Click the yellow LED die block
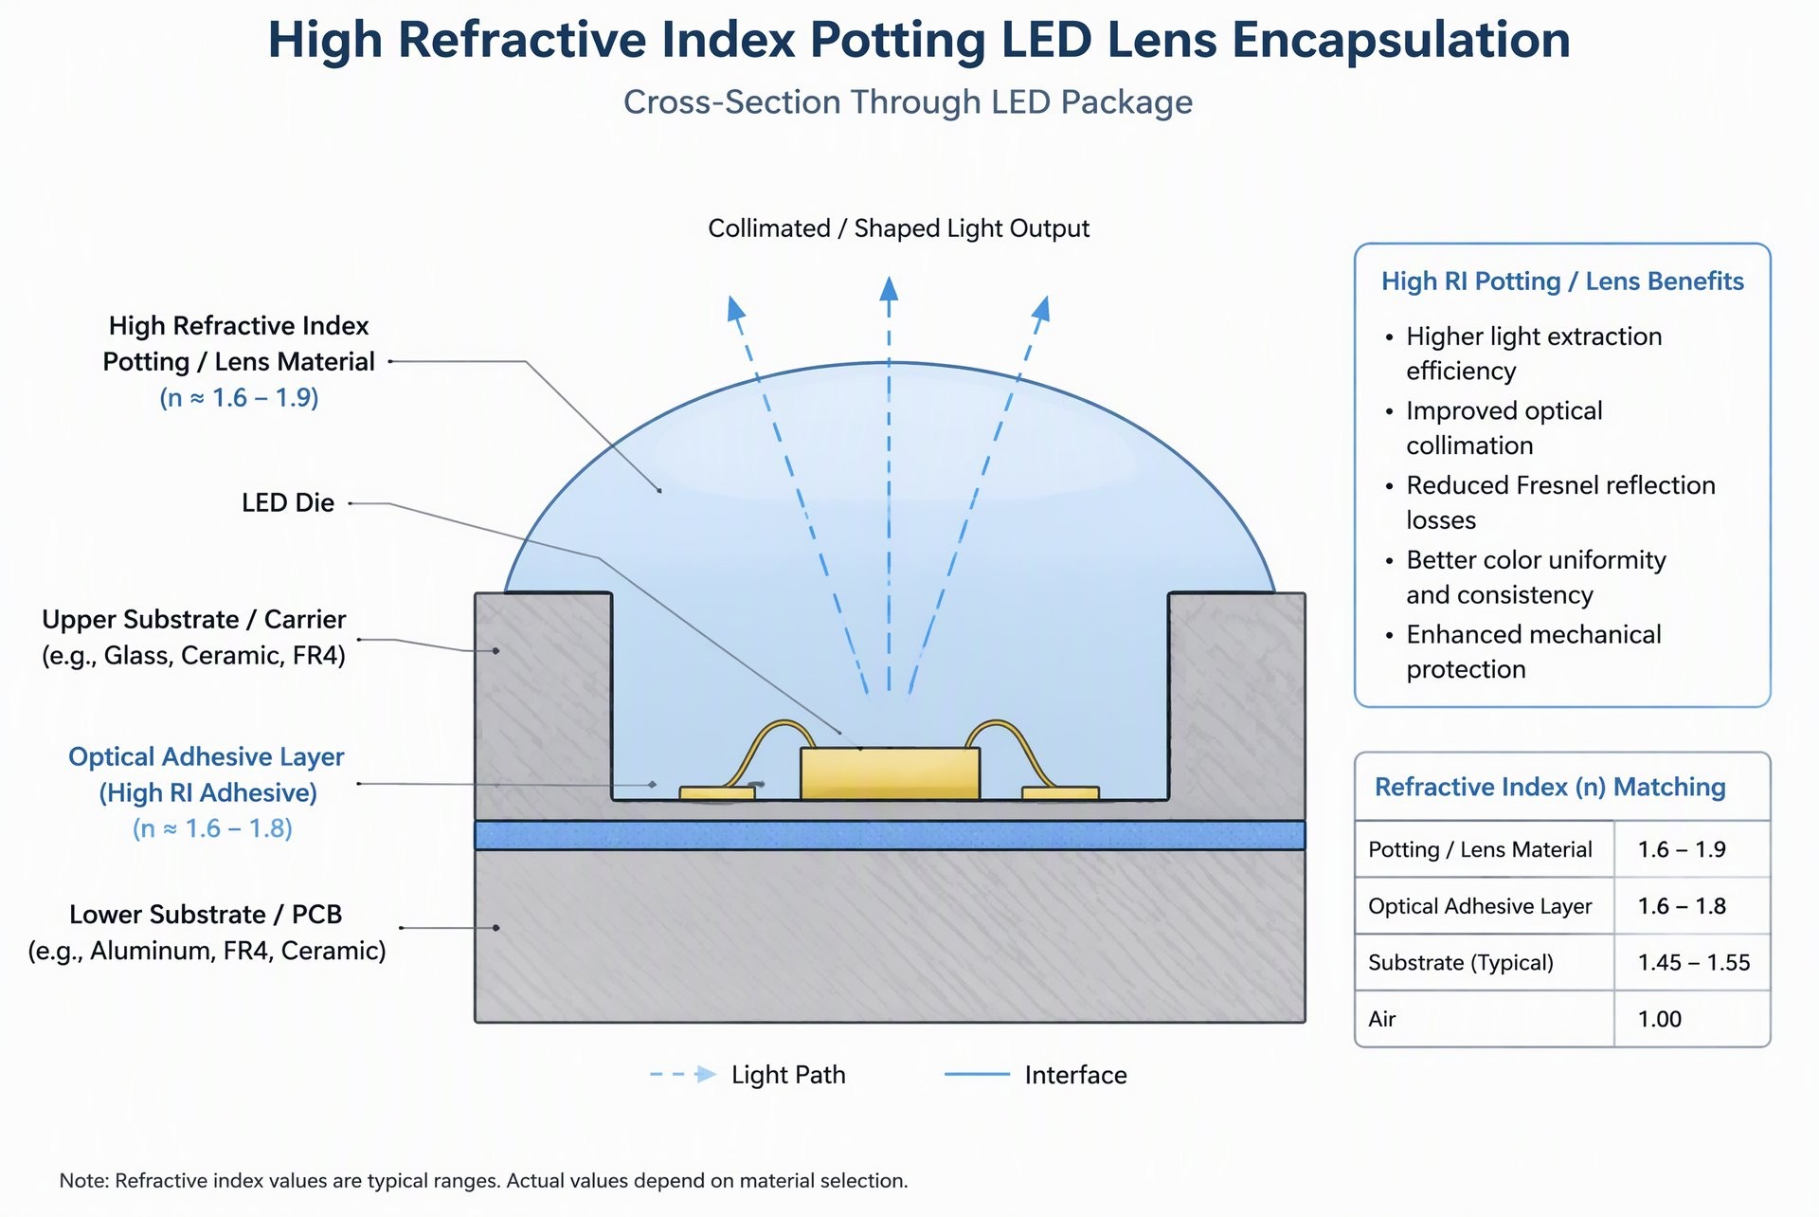tap(890, 773)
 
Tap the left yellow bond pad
tap(716, 792)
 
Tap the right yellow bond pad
tap(1060, 792)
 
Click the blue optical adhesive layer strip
tap(890, 835)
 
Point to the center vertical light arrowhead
tap(889, 288)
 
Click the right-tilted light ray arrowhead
tap(1041, 308)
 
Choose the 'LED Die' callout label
tap(288, 502)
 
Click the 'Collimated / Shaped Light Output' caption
tap(898, 228)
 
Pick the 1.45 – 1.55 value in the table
tap(1694, 962)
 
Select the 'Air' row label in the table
tap(1382, 1019)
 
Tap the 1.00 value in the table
tap(1660, 1019)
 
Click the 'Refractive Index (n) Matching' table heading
tap(1550, 787)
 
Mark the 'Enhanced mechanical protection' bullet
tap(1533, 651)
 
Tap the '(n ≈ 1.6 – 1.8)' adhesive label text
tap(212, 828)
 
